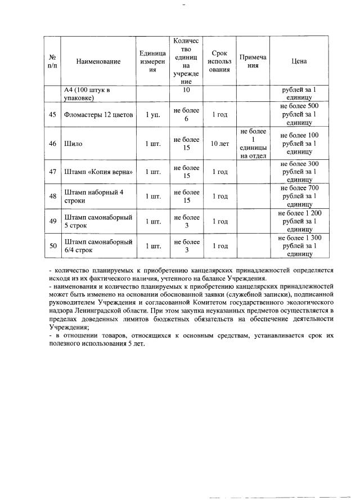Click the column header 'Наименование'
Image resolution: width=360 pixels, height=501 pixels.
98,61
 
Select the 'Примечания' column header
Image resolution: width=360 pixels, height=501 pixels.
253,61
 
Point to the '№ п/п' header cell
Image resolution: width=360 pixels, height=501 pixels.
52,61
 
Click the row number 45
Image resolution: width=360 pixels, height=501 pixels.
52,114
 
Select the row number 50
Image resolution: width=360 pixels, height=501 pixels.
52,246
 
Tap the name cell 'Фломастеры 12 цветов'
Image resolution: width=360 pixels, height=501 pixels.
98,114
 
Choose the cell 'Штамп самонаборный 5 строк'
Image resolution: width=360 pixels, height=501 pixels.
98,221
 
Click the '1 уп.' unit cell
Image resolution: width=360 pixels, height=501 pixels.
152,114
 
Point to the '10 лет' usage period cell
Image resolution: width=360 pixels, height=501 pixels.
219,144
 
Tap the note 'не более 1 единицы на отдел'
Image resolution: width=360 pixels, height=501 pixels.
253,144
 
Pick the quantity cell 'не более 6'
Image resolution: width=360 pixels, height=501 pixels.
186,114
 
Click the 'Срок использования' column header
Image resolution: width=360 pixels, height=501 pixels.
219,61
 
